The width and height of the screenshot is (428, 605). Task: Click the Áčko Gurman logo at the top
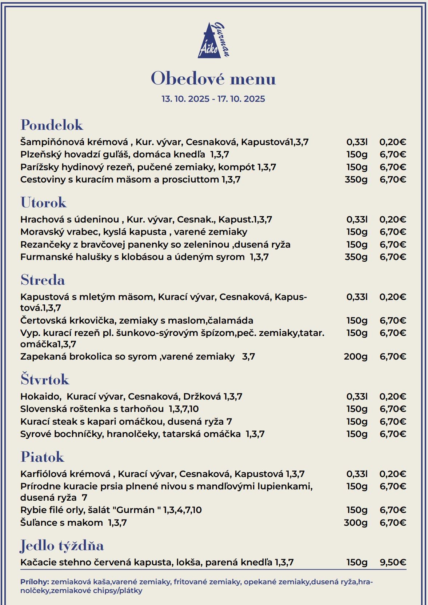point(214,40)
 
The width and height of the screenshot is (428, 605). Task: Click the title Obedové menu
point(213,79)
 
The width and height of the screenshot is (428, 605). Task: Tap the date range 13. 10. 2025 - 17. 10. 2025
point(213,99)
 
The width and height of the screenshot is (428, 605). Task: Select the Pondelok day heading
point(52,125)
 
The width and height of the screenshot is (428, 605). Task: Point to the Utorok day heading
point(44,203)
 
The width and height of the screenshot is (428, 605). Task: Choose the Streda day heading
point(43,280)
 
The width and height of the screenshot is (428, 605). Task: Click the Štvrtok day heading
point(45,379)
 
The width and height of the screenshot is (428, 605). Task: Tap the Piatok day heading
point(43,457)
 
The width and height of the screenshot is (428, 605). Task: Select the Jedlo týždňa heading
point(62,545)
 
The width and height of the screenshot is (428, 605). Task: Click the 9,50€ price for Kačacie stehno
point(393,562)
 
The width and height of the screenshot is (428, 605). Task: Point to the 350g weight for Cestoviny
point(356,180)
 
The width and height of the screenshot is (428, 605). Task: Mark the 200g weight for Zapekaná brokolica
point(356,357)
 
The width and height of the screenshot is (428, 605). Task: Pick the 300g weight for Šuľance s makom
point(356,523)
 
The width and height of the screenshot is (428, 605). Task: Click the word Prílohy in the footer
point(35,582)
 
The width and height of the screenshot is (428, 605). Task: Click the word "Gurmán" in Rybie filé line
point(136,510)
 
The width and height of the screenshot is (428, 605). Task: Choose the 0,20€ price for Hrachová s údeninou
point(393,220)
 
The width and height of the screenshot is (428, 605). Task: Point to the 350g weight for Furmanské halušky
point(356,257)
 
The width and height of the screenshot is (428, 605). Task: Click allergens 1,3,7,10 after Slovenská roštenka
point(184,409)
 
